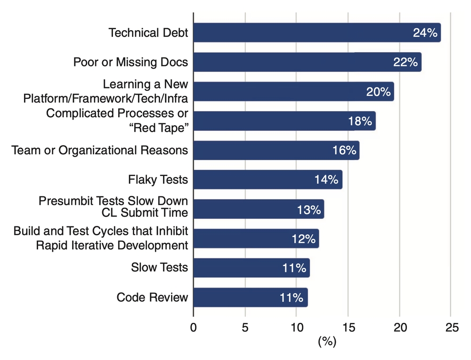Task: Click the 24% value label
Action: coord(425,33)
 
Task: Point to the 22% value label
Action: coord(406,62)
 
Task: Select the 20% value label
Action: coord(378,92)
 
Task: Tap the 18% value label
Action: coord(360,121)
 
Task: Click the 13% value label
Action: coord(309,209)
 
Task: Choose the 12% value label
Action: coord(303,239)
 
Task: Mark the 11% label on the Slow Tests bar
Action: coord(294,268)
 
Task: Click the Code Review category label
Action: coord(152,297)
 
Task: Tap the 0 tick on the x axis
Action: coord(194,328)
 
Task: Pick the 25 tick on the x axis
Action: coord(451,328)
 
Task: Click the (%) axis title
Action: coord(327,342)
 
